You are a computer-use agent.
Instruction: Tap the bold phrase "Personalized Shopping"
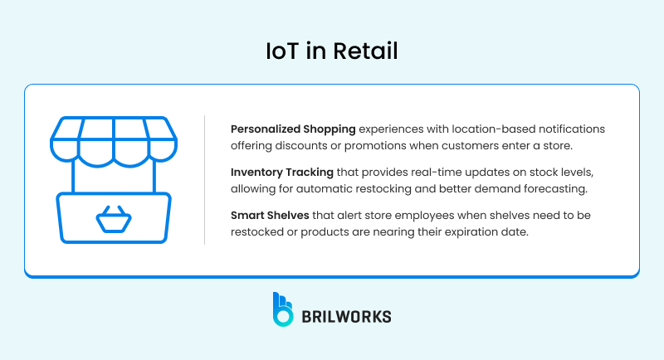click(293, 129)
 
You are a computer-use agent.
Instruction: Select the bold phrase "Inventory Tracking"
click(284, 173)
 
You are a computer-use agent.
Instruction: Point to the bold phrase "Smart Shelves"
click(269, 216)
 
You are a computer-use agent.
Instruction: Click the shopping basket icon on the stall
click(114, 220)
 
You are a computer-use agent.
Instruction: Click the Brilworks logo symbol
click(282, 309)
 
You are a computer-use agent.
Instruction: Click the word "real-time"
click(424, 173)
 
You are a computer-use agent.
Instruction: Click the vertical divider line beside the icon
click(205, 180)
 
